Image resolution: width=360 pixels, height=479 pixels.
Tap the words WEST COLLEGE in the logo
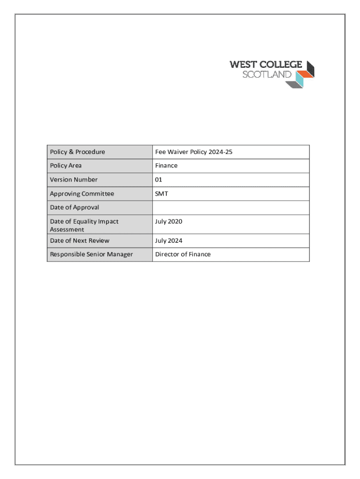[x=266, y=65]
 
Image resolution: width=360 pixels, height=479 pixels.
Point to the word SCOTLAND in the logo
[x=266, y=74]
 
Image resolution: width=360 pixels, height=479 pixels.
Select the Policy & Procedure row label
[x=78, y=152]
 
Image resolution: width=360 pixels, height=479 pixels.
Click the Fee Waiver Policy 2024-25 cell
[x=194, y=152]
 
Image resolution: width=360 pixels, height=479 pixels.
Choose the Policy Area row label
[x=66, y=165]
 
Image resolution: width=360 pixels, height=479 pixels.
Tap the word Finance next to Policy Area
[x=166, y=165]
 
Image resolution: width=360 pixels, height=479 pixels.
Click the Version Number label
[x=74, y=179]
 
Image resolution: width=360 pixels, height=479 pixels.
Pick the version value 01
[x=159, y=179]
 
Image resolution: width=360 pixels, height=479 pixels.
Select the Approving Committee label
[x=82, y=193]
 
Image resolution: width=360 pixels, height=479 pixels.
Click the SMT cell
[x=162, y=193]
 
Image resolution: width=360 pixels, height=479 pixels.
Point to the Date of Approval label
[x=74, y=207]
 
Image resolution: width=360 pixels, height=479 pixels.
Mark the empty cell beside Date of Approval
[x=230, y=207]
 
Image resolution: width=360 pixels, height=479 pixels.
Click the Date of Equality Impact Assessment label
[x=84, y=225]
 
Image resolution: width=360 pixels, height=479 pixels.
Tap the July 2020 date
[x=169, y=221]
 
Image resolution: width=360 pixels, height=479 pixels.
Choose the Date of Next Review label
[x=79, y=240]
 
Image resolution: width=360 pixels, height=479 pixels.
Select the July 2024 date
[x=169, y=240]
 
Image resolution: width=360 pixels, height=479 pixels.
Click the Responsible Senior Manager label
[x=91, y=254]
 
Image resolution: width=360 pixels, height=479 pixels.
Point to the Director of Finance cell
[x=183, y=254]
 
